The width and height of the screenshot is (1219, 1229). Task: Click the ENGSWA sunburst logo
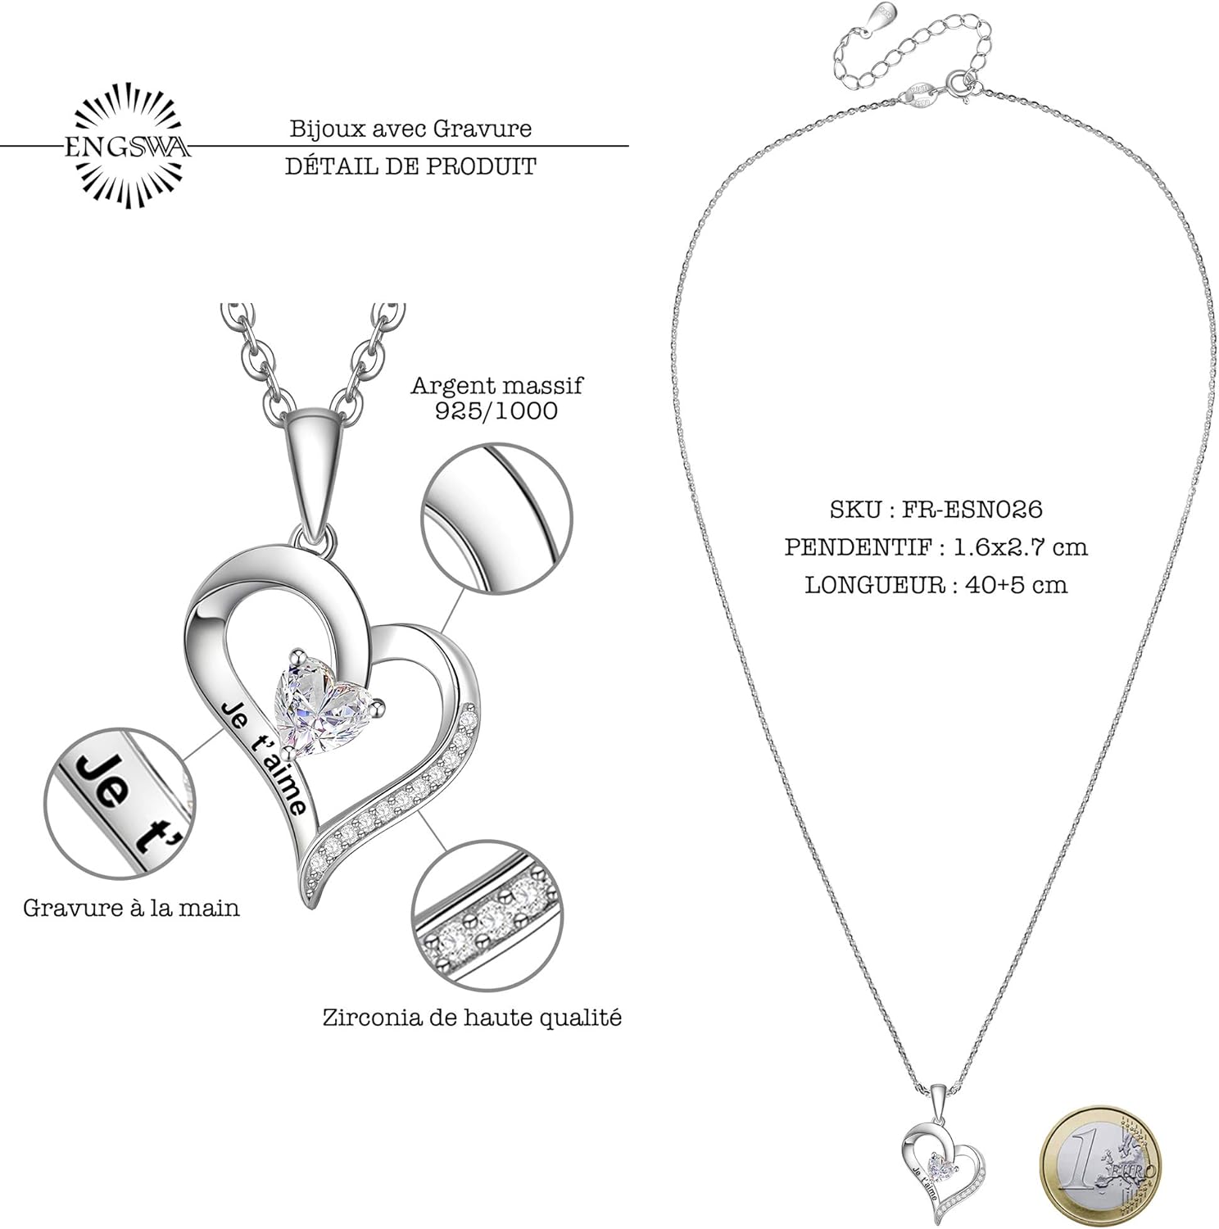point(127,147)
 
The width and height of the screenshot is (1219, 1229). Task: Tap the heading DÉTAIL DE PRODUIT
point(410,166)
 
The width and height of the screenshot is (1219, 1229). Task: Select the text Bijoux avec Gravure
point(410,129)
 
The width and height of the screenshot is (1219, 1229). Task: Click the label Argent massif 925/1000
point(496,397)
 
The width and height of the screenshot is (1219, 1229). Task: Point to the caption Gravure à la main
point(131,908)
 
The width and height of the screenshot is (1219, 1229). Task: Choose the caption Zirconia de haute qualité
point(472,1018)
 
